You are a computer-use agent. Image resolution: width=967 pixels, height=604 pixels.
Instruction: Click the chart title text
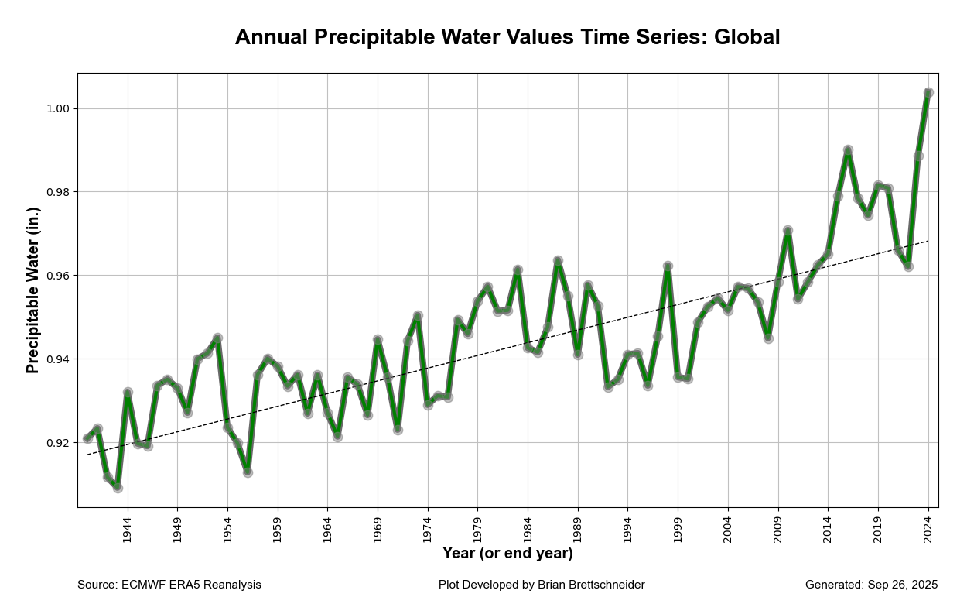pos(507,37)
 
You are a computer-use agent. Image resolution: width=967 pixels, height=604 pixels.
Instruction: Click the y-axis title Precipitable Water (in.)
pos(32,290)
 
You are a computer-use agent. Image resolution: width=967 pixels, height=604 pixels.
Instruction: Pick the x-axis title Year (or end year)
pos(507,554)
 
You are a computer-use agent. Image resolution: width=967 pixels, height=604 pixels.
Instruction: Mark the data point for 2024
pos(928,93)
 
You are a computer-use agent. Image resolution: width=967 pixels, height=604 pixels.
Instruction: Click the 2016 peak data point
pos(848,150)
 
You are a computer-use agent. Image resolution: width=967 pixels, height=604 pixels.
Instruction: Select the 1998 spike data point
pos(668,266)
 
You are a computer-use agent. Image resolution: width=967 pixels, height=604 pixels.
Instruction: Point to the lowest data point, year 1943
pos(118,488)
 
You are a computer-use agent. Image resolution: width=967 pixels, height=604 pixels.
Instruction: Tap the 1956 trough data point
pos(248,472)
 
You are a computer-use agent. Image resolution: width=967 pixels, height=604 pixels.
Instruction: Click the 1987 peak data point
pos(558,261)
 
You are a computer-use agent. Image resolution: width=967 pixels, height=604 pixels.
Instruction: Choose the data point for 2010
pos(788,231)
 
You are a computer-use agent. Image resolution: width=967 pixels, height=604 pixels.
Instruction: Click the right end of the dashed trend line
pos(928,241)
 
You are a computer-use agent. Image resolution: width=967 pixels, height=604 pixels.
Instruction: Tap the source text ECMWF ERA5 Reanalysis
pos(191,585)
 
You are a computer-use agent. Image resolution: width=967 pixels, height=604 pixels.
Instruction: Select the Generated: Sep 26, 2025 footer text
pos(871,585)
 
